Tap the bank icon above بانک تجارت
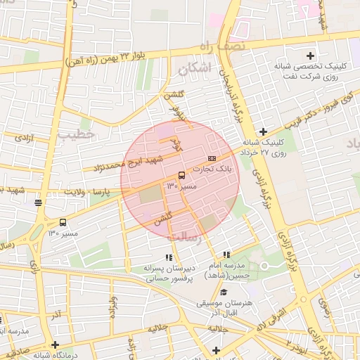pyautogui.click(x=212, y=158)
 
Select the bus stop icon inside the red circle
pyautogui.click(x=181, y=174)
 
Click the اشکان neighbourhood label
pyautogui.click(x=194, y=70)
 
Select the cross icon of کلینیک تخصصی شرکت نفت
pyautogui.click(x=310, y=55)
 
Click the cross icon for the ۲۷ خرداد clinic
pyautogui.click(x=263, y=131)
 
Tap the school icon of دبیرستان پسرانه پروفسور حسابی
pyautogui.click(x=168, y=257)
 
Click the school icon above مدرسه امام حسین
pyautogui.click(x=226, y=255)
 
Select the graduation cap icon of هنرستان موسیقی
pyautogui.click(x=224, y=292)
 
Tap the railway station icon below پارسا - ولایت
pyautogui.click(x=37, y=203)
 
